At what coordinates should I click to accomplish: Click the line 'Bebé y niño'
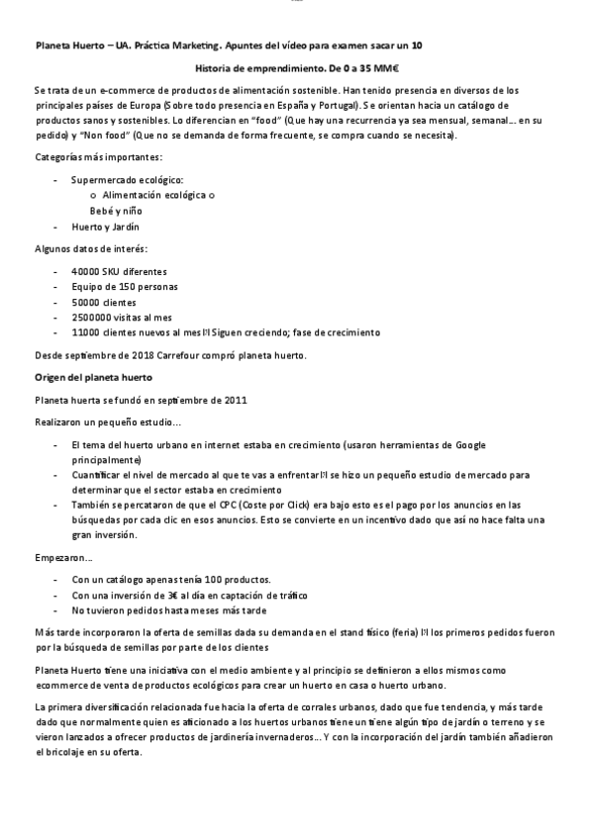tap(116, 211)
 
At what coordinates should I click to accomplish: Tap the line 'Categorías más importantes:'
tap(99, 157)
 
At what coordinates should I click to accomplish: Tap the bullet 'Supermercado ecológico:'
tap(127, 180)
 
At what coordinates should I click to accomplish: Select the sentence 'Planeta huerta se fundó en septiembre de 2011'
tap(134, 400)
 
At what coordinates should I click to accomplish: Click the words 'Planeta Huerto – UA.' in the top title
tap(82, 46)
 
